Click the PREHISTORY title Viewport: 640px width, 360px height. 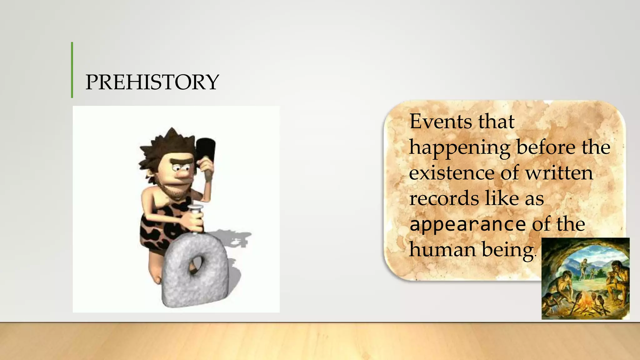(152, 82)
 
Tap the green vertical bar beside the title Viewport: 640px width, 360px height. (72, 70)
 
